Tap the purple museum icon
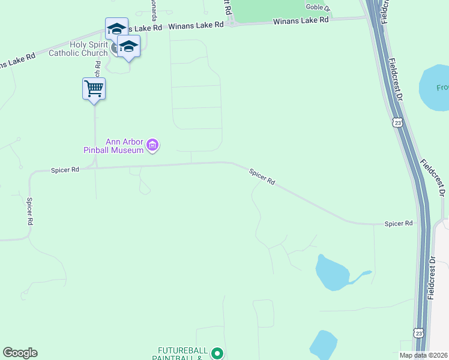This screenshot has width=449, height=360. [x=152, y=145]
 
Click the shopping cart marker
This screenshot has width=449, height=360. [x=94, y=89]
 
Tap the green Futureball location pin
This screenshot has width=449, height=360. [x=217, y=354]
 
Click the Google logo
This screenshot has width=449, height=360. [x=20, y=353]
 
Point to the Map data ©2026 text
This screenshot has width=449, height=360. [x=423, y=355]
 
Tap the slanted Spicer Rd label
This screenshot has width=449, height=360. [x=262, y=176]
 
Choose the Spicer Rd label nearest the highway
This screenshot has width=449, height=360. [x=399, y=223]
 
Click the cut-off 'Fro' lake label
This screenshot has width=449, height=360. [x=442, y=88]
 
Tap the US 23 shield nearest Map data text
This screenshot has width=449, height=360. [x=418, y=332]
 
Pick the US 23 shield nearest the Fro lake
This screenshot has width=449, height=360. [x=397, y=122]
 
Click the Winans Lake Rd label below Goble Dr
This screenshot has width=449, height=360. [x=301, y=20]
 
